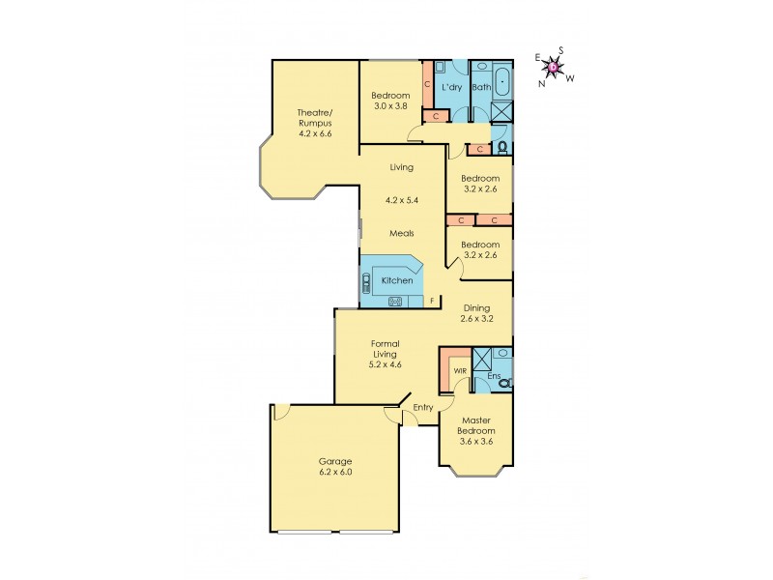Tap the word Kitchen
[x=397, y=280]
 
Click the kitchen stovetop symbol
[x=395, y=302]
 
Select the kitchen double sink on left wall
[x=366, y=282]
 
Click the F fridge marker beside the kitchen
[x=431, y=302]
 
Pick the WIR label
[x=460, y=369]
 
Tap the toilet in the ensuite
[x=502, y=383]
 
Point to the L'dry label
[x=451, y=88]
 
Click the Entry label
[x=423, y=407]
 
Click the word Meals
[x=402, y=233]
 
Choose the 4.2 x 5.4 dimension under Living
[x=402, y=200]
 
